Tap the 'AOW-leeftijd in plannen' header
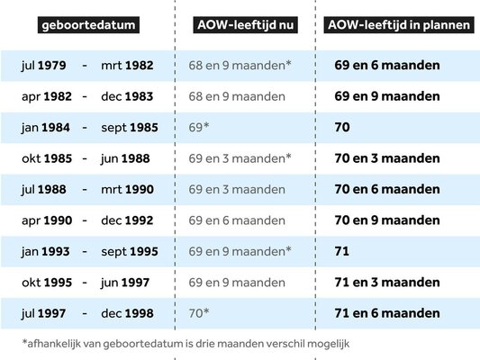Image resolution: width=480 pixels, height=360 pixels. tap(397, 24)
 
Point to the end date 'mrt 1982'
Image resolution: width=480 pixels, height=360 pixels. tap(128, 66)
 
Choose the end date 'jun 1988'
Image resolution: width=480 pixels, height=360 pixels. tap(129, 158)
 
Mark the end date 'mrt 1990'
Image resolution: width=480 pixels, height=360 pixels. tap(128, 190)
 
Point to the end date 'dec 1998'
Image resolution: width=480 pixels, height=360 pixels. tap(128, 313)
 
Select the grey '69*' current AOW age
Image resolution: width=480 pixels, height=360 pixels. tap(198, 128)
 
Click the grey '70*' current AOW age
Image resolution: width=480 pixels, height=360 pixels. tap(198, 313)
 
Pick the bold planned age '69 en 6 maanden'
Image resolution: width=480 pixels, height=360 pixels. tap(386, 66)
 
